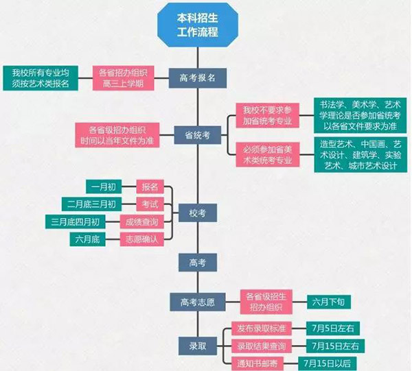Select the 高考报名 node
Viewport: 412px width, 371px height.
tap(197, 77)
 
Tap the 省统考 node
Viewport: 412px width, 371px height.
tap(197, 134)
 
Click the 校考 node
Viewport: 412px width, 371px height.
tap(197, 213)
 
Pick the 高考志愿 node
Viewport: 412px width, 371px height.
tap(197, 301)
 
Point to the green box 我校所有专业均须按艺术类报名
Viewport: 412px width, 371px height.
tap(41, 77)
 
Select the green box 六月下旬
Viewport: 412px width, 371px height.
tap(331, 301)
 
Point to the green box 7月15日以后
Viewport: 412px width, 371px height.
tap(330, 361)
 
